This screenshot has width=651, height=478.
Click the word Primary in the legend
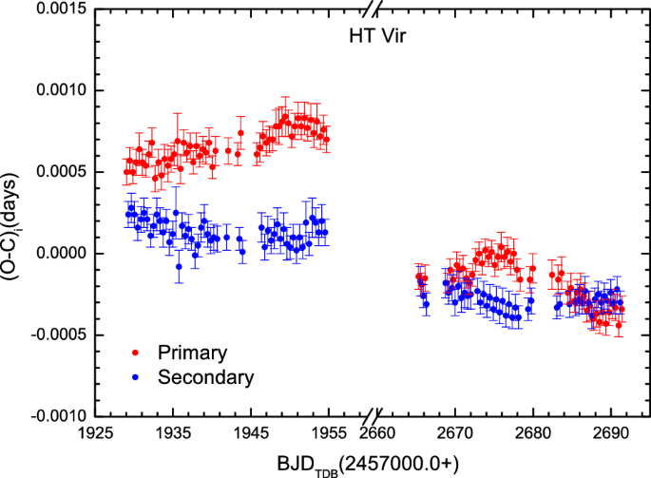pos(194,353)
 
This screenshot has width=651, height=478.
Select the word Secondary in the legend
pos(206,377)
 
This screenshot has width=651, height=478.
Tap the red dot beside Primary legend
pos(135,353)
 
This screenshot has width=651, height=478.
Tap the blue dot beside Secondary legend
pos(135,377)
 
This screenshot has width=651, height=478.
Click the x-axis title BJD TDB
pos(367,463)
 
